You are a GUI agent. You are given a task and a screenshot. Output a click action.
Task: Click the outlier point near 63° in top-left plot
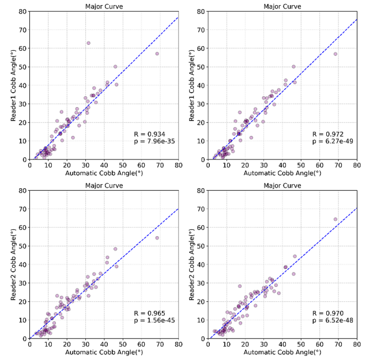point(88,43)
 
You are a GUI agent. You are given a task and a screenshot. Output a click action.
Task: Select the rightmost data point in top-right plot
point(335,54)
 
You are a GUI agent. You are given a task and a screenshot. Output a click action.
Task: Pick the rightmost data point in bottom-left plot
point(157,238)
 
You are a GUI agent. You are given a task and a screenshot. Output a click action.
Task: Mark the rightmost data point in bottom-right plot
point(335,219)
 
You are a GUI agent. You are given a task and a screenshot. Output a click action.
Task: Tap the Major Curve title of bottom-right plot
point(282,185)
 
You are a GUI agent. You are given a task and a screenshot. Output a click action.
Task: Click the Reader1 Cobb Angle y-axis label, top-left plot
point(13,85)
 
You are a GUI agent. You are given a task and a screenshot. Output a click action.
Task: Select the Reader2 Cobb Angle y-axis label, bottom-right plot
point(191,264)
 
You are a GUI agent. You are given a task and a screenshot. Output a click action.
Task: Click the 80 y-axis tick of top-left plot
point(22,12)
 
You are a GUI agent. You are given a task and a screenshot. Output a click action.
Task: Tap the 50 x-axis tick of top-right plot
point(301,165)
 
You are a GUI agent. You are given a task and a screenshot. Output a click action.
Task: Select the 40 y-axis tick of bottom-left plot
point(22,264)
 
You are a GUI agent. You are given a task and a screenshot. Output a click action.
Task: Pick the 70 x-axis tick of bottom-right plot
point(338,344)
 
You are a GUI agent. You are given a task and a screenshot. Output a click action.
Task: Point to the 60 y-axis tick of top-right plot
point(201,48)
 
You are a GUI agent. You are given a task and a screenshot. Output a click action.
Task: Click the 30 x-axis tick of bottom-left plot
point(85,344)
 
